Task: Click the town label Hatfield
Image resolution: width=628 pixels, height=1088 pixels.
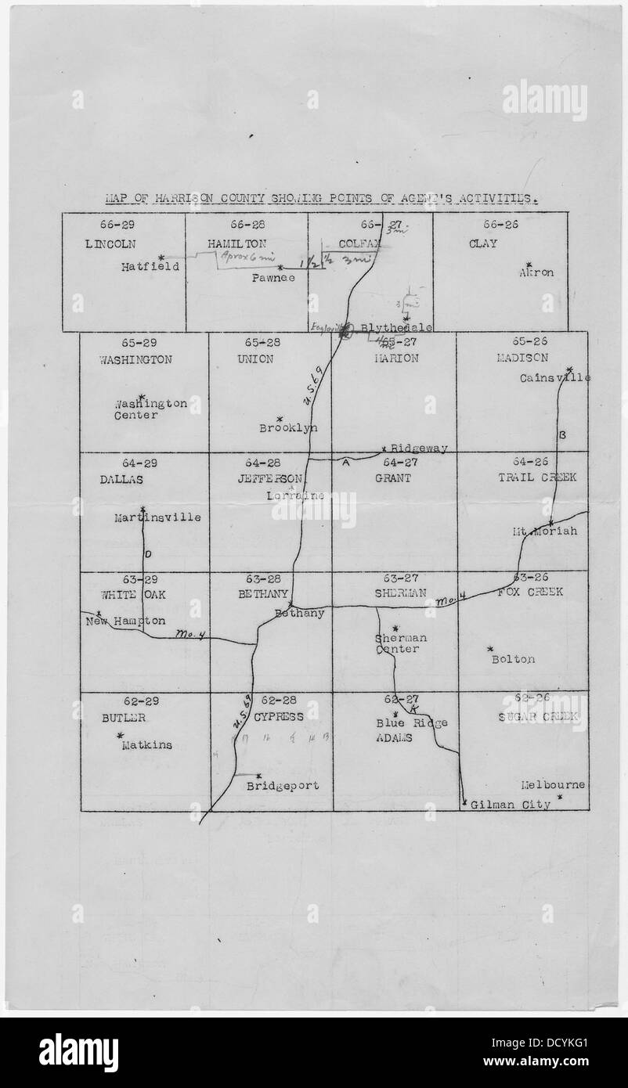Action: [150, 266]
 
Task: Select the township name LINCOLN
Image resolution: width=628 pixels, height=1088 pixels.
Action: [110, 244]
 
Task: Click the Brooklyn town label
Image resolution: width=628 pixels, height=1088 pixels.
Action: [289, 428]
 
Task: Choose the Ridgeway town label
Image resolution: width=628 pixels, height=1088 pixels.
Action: [419, 449]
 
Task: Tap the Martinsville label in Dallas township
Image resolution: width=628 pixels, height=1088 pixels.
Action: [157, 517]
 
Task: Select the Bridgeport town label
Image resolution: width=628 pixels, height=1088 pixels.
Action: [283, 786]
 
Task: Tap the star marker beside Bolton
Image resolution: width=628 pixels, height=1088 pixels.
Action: [490, 649]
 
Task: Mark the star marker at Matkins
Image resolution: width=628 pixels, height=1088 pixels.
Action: [120, 735]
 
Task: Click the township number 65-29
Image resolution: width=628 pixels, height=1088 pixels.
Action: [139, 343]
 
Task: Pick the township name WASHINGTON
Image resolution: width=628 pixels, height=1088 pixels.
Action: [135, 360]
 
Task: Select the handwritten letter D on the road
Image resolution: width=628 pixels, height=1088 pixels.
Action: [148, 554]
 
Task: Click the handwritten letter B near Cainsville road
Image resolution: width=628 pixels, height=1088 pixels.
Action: [562, 434]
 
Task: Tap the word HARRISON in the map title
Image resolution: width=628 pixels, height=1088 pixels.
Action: [182, 199]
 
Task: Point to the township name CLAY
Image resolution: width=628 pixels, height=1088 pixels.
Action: [483, 244]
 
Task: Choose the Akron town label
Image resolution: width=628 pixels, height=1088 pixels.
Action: [536, 273]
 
